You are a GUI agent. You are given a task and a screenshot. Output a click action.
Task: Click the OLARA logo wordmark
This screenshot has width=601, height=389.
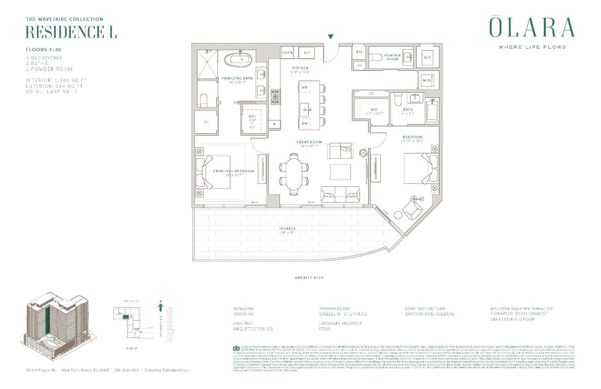tap(532, 28)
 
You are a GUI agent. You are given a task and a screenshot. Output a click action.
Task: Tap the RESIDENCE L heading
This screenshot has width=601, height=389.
tap(71, 31)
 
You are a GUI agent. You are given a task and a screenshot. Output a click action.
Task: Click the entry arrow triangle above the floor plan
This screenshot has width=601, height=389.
tap(331, 36)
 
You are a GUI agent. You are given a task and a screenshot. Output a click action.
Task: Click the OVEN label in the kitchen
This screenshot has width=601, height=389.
tap(288, 52)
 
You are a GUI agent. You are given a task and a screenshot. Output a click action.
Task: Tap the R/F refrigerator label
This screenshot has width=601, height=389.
tap(306, 52)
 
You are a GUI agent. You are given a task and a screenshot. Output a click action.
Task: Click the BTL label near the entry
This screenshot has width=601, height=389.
tap(359, 52)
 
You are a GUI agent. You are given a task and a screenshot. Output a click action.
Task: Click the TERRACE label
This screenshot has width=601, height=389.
tap(287, 228)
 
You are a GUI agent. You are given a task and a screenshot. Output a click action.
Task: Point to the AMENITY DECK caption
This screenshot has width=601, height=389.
tap(309, 278)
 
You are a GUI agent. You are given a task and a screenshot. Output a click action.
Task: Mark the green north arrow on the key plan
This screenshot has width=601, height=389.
tap(161, 306)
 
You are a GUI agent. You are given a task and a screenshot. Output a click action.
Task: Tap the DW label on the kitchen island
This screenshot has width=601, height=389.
tap(305, 123)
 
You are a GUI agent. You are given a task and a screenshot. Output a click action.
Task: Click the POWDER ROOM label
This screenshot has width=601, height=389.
tap(392, 57)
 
